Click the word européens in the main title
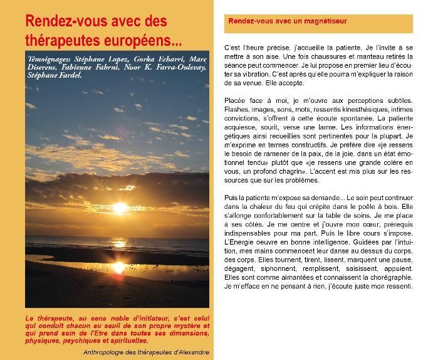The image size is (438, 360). [x=144, y=41]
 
